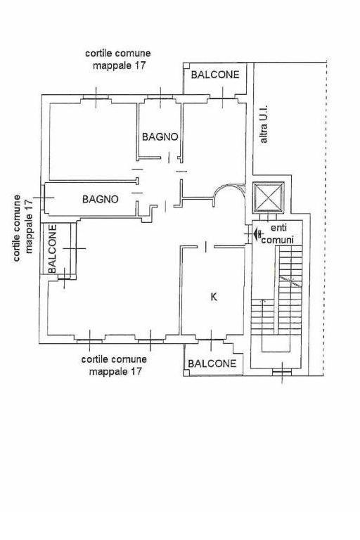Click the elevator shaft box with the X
click(x=269, y=197)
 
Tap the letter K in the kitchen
click(x=214, y=297)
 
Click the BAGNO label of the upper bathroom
click(x=160, y=136)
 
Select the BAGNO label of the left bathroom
click(x=101, y=199)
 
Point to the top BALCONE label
click(x=215, y=75)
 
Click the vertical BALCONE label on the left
click(x=52, y=249)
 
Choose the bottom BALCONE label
click(x=212, y=364)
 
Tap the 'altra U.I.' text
click(x=264, y=124)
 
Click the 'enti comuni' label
click(x=278, y=234)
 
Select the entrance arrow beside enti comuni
click(x=257, y=234)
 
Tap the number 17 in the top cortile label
click(x=140, y=66)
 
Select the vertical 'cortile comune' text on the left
click(x=17, y=228)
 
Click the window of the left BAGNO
click(x=43, y=198)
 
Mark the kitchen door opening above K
click(x=205, y=247)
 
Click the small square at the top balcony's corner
click(x=186, y=65)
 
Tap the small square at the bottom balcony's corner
click(x=186, y=373)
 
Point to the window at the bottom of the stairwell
click(x=282, y=371)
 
